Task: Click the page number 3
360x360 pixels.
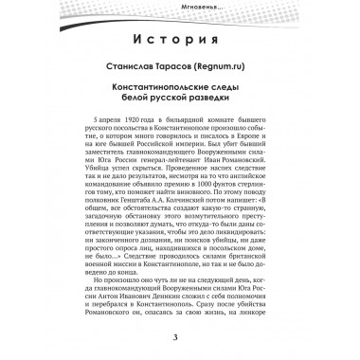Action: point(179,340)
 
